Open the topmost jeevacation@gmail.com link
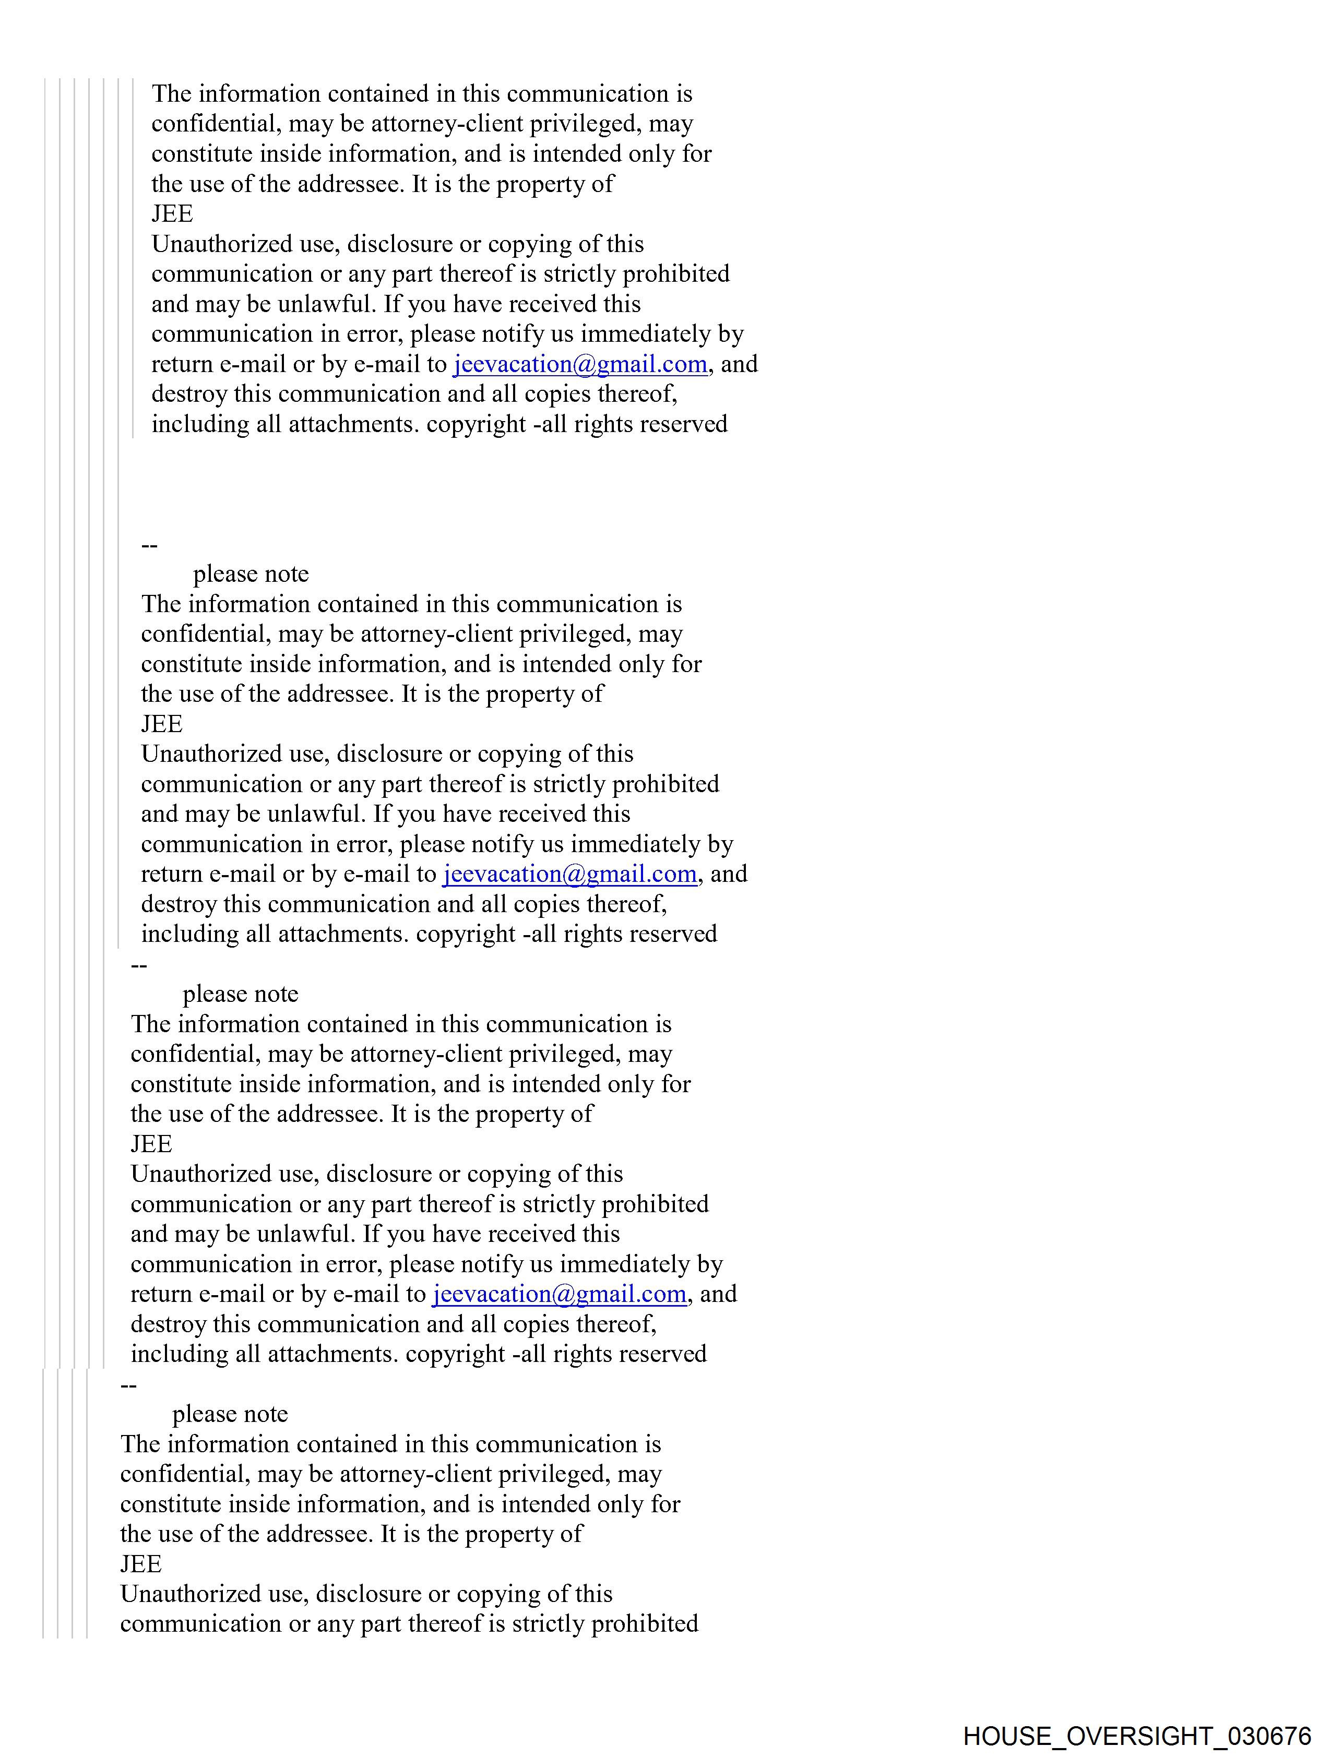[x=579, y=364]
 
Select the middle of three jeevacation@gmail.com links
[x=569, y=874]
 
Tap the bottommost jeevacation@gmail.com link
[x=559, y=1294]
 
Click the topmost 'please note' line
[x=251, y=574]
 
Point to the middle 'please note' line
[x=240, y=994]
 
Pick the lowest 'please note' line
[x=230, y=1414]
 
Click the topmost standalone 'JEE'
[x=172, y=214]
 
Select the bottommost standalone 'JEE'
[x=141, y=1564]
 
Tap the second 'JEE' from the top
[x=161, y=724]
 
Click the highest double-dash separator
[x=149, y=545]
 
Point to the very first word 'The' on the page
[x=171, y=94]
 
